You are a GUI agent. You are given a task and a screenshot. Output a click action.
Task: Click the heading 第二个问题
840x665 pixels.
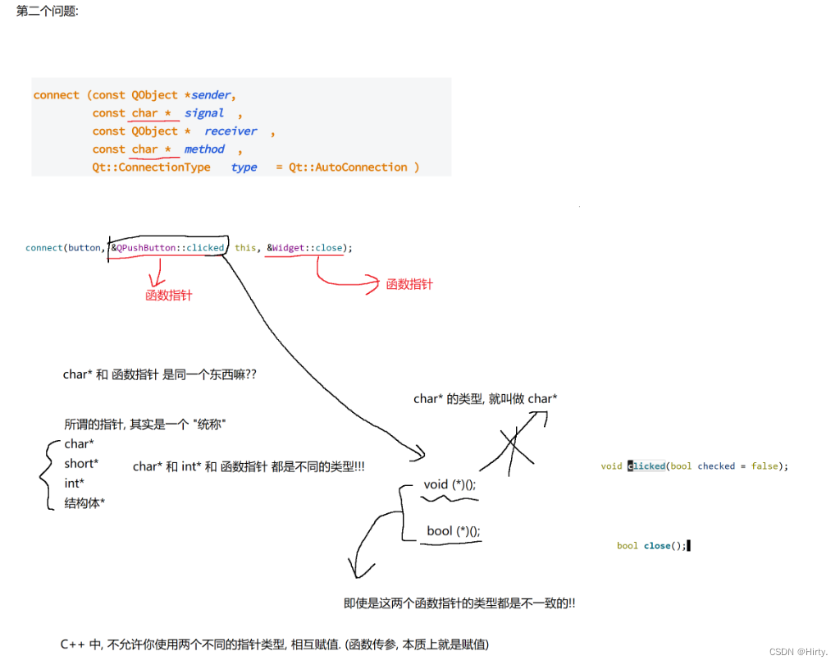[48, 12]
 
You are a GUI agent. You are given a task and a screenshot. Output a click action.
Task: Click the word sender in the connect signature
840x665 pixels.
[211, 95]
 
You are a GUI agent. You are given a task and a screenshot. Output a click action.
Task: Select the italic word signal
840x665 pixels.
[204, 113]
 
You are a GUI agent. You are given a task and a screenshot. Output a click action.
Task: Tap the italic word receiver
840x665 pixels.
[231, 131]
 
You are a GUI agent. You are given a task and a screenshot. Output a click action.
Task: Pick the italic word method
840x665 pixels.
[204, 149]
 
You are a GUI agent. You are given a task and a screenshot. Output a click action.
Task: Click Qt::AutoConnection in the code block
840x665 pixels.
[348, 167]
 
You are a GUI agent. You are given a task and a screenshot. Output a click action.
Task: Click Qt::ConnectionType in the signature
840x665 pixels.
[151, 167]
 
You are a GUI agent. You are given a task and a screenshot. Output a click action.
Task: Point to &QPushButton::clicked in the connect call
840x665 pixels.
[167, 247]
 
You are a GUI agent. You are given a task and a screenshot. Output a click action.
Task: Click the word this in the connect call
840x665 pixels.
[245, 247]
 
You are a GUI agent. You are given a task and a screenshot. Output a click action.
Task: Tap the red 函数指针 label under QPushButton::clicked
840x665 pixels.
[168, 296]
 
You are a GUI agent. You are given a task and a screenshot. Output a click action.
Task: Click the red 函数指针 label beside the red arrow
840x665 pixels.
[409, 285]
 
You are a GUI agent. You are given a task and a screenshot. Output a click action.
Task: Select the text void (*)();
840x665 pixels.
[450, 484]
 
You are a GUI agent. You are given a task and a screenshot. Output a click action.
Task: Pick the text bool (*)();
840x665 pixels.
[454, 531]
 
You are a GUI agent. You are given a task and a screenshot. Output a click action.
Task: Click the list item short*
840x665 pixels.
[81, 464]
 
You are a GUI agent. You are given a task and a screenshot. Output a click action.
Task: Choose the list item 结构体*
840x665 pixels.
[84, 503]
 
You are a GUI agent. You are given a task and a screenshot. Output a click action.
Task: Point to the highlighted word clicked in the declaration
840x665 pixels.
[647, 466]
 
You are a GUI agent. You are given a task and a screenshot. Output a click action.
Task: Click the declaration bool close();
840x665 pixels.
[651, 546]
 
